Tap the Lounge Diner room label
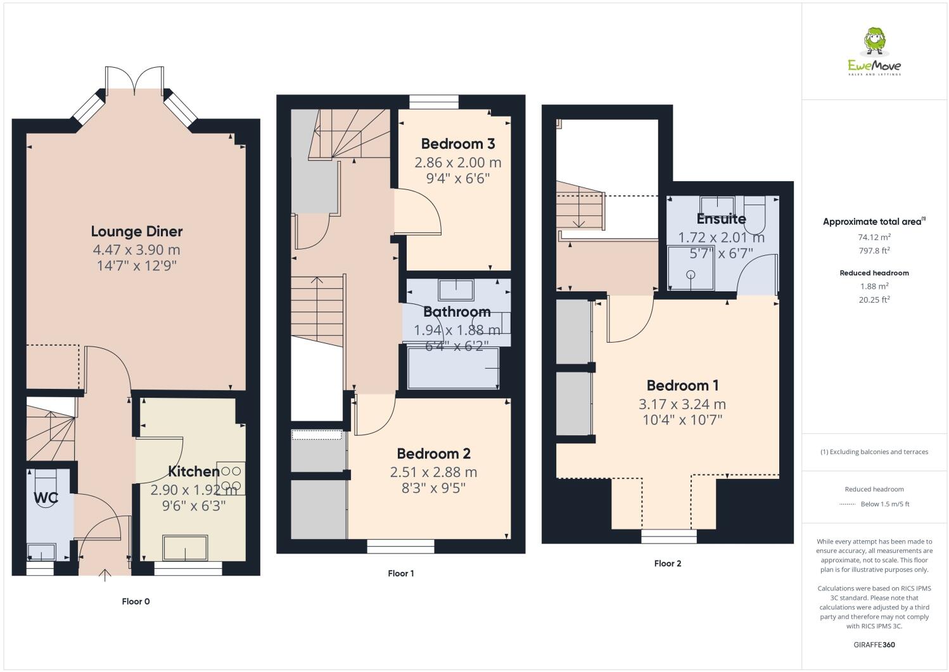click(137, 231)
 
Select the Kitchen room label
click(193, 471)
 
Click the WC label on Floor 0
click(46, 498)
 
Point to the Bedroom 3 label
click(457, 144)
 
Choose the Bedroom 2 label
click(433, 453)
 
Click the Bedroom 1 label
click(682, 385)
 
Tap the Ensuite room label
click(721, 219)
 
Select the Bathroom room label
click(457, 312)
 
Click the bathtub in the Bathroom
click(453, 368)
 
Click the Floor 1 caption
click(400, 573)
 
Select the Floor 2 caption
click(668, 563)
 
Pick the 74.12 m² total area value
click(874, 237)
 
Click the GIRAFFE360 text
click(874, 645)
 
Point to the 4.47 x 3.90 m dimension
click(137, 250)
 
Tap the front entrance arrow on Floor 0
click(105, 574)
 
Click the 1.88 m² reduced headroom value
click(874, 286)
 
